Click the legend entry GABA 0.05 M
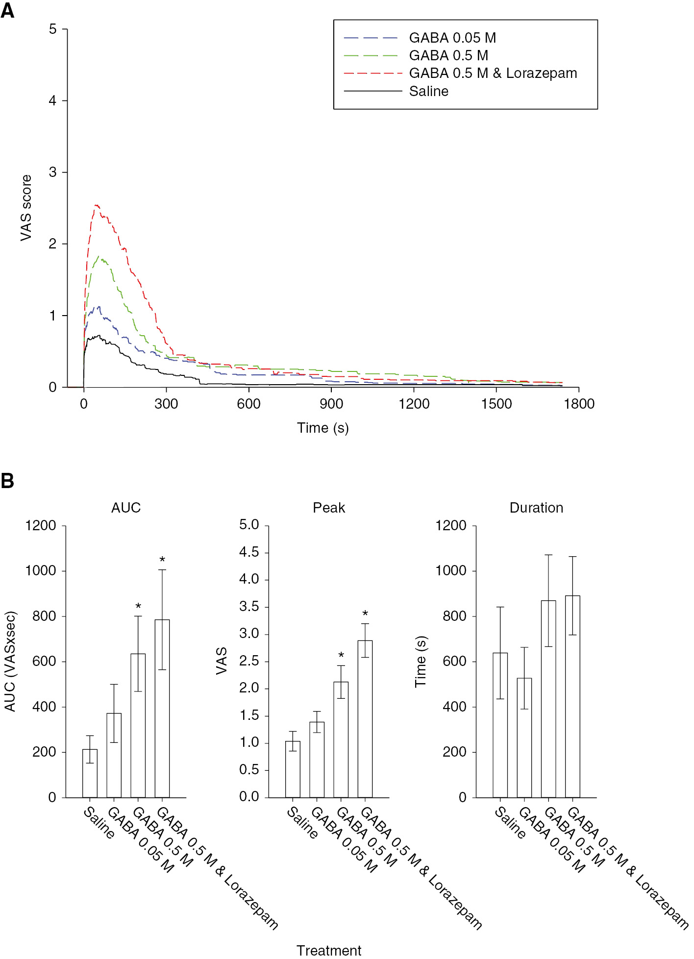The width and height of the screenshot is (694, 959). tap(452, 38)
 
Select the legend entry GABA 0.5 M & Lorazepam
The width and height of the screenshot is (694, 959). tap(493, 74)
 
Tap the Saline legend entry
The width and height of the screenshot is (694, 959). tap(428, 91)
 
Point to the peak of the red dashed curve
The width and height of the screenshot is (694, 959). tap(96, 206)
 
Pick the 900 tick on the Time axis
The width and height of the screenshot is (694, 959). tap(331, 404)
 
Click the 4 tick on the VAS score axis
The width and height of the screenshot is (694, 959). tap(53, 101)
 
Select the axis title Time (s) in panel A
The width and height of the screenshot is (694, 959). tap(322, 428)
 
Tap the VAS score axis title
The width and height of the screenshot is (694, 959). tap(26, 208)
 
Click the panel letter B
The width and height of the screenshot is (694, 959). tap(8, 481)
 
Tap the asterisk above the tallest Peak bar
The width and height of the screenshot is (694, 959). tap(365, 614)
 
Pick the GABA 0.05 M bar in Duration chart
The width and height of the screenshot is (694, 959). tap(524, 738)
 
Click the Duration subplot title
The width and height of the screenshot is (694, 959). tap(536, 508)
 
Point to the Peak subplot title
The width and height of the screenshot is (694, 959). tap(329, 508)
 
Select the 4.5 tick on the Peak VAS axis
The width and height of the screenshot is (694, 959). tap(249, 552)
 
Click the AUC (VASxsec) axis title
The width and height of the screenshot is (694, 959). tap(10, 661)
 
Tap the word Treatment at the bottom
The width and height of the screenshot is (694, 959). tap(329, 950)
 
